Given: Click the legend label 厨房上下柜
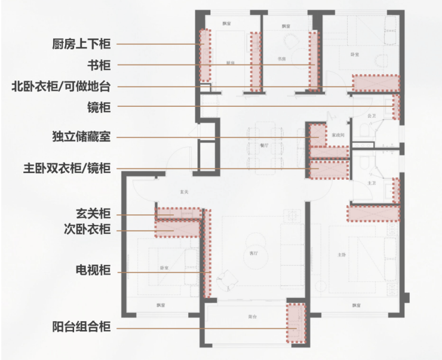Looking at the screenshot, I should click(81, 44).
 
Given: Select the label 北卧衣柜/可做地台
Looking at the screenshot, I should click(61, 86).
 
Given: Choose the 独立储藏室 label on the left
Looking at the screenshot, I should click(81, 137).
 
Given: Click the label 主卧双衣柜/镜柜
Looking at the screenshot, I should click(65, 168).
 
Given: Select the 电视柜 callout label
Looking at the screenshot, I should click(93, 272).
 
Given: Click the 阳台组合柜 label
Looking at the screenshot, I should click(81, 328).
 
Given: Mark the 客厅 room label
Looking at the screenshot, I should click(253, 254).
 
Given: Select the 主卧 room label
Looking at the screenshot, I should click(342, 255).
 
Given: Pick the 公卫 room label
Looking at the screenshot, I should click(372, 115).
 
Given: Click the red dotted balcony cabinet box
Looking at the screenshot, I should click(296, 324).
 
